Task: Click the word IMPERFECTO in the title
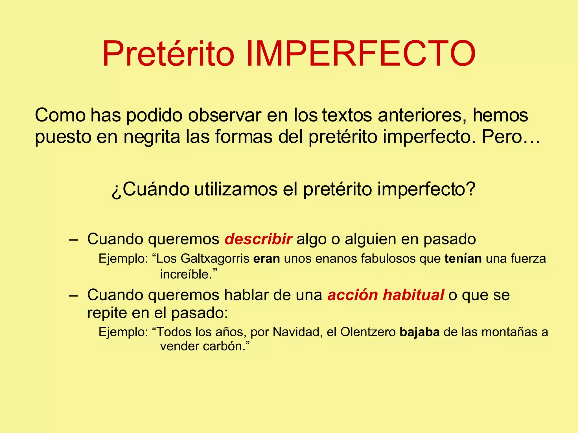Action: tap(360, 54)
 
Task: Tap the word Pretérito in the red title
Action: tap(168, 54)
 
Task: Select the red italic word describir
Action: tap(258, 239)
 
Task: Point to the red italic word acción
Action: tap(353, 295)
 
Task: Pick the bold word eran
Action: tap(266, 259)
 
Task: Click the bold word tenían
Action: tap(463, 259)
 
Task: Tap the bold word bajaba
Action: tap(420, 332)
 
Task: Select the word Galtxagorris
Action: tap(215, 259)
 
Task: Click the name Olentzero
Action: tap(368, 332)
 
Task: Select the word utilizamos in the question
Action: tap(236, 189)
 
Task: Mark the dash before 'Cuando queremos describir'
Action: tap(73, 240)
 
